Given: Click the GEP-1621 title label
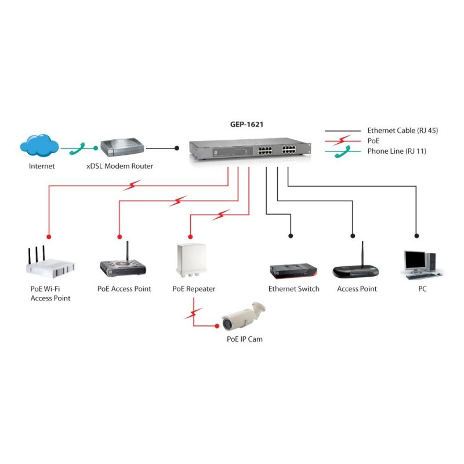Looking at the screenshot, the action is coord(246,124).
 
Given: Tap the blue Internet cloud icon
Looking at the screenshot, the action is coord(39,145).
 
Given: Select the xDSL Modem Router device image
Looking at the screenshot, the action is coord(122,147).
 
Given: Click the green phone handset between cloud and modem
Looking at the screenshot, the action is coord(78,148).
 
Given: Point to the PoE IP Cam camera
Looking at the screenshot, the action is coord(244,316).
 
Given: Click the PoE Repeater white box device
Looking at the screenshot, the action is coord(191,260).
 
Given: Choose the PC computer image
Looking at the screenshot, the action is coord(422,265).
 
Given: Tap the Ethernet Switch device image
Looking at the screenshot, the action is coord(293,271).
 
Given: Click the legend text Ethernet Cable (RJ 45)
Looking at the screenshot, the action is coord(403,130).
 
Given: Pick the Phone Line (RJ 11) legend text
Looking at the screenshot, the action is coord(397,151).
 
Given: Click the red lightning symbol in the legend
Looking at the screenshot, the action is coord(342,140).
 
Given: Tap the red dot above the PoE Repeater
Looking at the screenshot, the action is coord(190,237).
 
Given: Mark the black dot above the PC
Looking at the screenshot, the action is coord(416,236).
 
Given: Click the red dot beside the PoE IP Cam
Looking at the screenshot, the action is coord(217,326).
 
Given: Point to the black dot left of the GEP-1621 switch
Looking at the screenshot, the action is coord(177,148).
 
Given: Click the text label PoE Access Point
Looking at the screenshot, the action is coord(124,289).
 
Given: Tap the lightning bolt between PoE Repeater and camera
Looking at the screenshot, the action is coord(193,313).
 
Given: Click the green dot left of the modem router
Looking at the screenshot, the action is coord(95,148).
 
